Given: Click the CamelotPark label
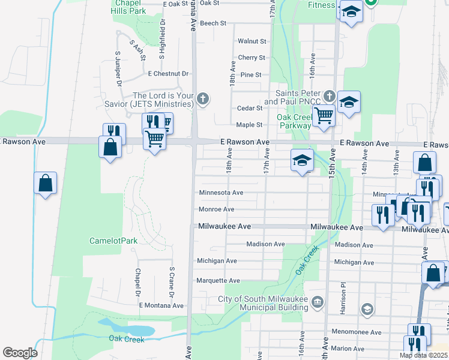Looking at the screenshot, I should click(x=113, y=241).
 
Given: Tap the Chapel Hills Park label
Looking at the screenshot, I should click(x=130, y=7).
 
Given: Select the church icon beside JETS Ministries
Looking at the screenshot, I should click(x=203, y=98).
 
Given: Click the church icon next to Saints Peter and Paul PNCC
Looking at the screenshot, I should click(x=328, y=96).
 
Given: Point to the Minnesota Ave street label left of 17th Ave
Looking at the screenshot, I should click(x=221, y=193).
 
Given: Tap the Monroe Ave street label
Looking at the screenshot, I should click(x=216, y=209).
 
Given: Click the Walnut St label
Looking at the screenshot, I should click(x=252, y=41).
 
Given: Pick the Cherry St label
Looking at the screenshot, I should click(x=252, y=58).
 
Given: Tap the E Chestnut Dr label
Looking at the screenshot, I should click(x=169, y=74).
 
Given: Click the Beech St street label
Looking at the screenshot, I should click(x=213, y=23).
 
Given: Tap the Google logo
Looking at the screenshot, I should click(x=20, y=353).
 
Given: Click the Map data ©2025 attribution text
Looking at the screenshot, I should click(x=424, y=355).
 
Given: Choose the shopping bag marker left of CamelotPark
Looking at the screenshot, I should click(x=45, y=184).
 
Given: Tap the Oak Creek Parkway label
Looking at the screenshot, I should click(x=294, y=121).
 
